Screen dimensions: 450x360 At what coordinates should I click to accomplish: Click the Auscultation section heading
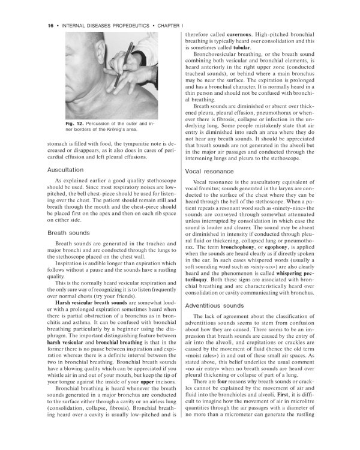[x=67, y=170]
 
